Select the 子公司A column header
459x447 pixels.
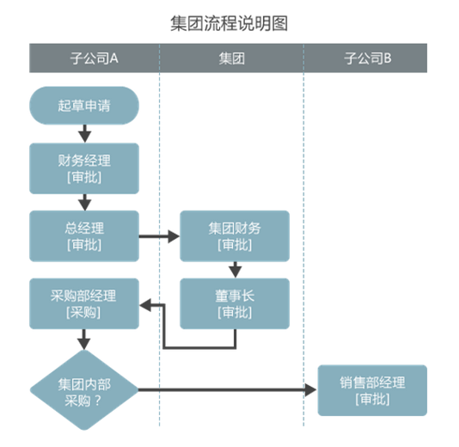tap(94, 58)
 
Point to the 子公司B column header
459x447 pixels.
tap(367, 58)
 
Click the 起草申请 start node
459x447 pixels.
tap(84, 106)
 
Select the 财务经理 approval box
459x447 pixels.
tap(84, 168)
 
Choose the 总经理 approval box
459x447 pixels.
tap(84, 236)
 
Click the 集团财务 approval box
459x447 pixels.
tap(235, 236)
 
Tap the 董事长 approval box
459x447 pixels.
tap(235, 303)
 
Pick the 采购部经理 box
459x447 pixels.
tap(84, 303)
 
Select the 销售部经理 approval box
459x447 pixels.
tap(372, 390)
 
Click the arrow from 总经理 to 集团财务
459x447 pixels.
tap(158, 236)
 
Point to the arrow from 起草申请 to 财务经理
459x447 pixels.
tap(84, 132)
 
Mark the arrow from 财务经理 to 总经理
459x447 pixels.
tap(84, 202)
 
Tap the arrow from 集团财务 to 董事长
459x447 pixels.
tap(235, 270)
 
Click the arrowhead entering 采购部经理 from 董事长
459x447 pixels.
tap(148, 303)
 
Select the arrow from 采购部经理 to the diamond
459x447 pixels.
tap(84, 339)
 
